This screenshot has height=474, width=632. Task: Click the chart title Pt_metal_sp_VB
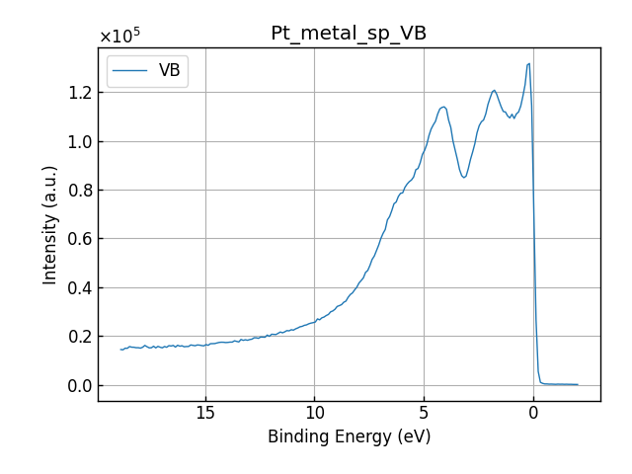coord(349,34)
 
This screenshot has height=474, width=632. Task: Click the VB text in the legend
coord(169,71)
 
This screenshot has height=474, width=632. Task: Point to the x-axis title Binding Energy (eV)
coord(349,436)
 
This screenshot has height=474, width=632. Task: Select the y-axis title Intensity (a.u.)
coord(50,224)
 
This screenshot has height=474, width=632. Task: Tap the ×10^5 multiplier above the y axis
coord(119,37)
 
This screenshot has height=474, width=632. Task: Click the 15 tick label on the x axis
coord(205,412)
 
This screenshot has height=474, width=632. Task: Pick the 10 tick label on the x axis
coord(314,412)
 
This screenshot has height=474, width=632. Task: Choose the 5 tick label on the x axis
coord(424,412)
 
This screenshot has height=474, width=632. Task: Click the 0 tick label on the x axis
coord(533,412)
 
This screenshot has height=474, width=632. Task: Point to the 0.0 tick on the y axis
coord(78,385)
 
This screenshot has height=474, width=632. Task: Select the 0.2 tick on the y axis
coord(78,337)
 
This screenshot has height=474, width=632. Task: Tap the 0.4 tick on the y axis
coord(78,287)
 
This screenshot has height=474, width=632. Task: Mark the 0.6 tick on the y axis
coord(78,239)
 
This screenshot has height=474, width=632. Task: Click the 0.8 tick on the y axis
coord(78,190)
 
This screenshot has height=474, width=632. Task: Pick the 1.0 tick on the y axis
coord(78,141)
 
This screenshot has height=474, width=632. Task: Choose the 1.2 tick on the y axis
coord(78,92)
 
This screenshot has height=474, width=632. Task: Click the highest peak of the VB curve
coord(529,64)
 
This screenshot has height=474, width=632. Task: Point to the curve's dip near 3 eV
coord(464,177)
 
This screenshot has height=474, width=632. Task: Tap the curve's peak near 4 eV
coord(443,107)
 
